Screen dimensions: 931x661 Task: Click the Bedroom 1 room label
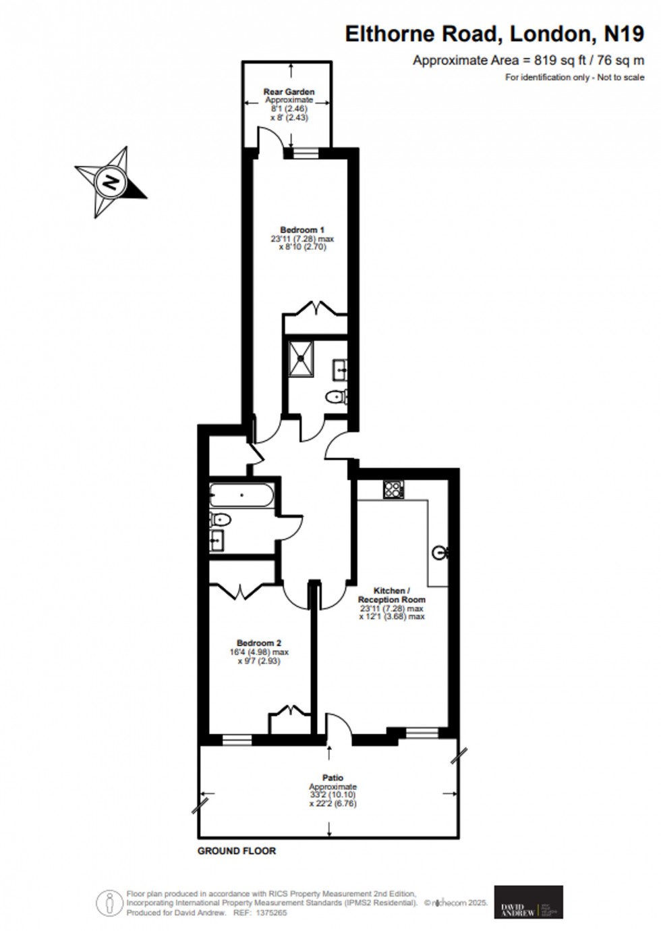point(302,230)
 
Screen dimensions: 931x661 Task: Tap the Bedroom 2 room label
point(259,643)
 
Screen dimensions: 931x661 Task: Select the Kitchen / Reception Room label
point(392,595)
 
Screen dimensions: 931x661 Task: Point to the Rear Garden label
point(289,92)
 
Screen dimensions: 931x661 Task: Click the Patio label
point(333,778)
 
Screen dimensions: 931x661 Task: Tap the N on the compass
point(110,182)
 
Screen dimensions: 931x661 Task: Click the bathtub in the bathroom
point(241,496)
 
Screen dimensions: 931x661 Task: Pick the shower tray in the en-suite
point(301,358)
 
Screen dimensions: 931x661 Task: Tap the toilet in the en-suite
point(335,396)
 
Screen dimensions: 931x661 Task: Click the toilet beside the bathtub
point(220,519)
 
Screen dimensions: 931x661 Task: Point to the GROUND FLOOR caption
point(237,851)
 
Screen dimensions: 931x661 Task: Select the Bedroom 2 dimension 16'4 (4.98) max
point(259,652)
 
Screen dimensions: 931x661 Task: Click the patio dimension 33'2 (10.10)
point(333,795)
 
